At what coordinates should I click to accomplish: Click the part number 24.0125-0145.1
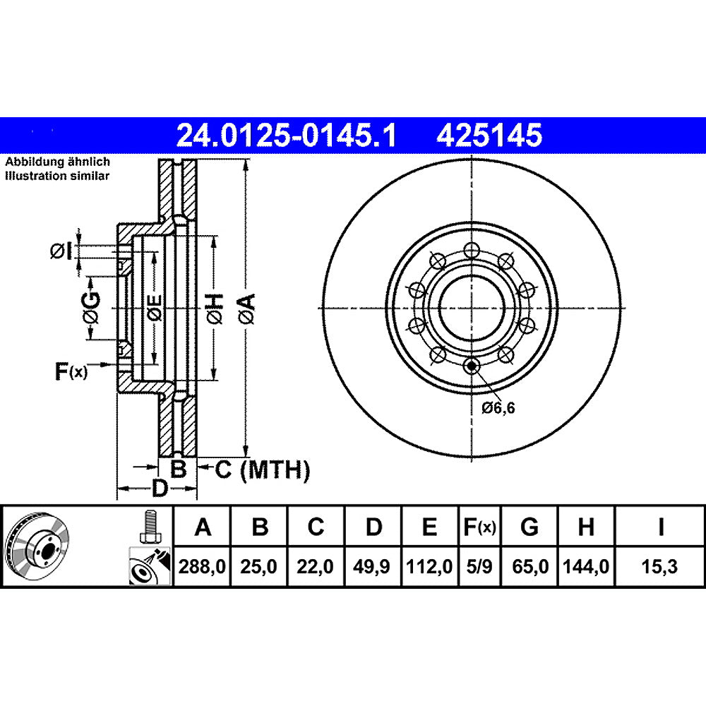[x=286, y=134]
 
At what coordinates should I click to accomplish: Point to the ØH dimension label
[x=217, y=309]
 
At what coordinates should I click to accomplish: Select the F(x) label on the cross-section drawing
[x=71, y=371]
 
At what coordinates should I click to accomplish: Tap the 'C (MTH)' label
[x=263, y=469]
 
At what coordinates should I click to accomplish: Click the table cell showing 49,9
[x=373, y=566]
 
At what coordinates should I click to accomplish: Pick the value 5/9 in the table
[x=479, y=566]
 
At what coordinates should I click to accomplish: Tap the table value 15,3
[x=660, y=566]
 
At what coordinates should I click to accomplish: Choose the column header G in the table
[x=529, y=527]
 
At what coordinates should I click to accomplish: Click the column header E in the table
[x=430, y=527]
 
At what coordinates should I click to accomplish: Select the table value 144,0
[x=586, y=566]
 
